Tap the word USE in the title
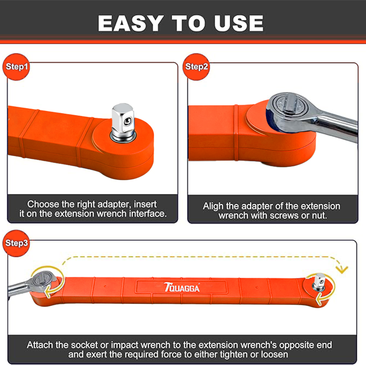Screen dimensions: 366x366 pos(238,23)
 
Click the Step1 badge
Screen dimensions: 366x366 pos(16,67)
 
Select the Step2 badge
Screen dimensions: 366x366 pos(196,67)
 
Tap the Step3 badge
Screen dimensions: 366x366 pos(16,243)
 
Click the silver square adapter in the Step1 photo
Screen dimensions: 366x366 pos(123,123)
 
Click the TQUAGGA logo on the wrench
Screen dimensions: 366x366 pos(182,288)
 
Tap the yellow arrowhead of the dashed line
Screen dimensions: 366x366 pos(342,269)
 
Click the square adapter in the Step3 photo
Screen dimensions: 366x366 pos(319,282)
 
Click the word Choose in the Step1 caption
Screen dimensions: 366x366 pos(43,205)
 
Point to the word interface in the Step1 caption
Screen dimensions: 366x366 pos(148,214)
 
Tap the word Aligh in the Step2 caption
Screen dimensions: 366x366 pos(213,207)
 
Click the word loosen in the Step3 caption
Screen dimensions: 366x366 pos(274,355)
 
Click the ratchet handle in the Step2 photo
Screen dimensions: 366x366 pos(336,126)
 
